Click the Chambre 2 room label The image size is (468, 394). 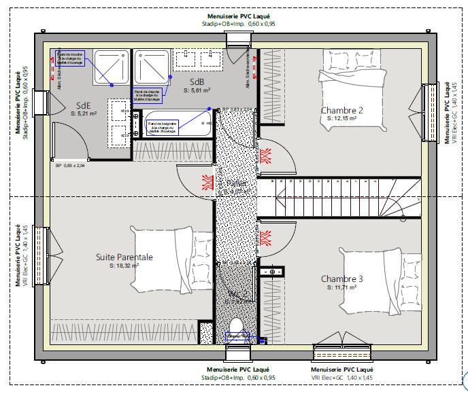[x=342, y=110]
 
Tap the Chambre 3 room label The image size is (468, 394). [x=342, y=279]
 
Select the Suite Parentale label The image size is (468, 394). [x=124, y=257]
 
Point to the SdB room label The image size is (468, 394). [x=197, y=81]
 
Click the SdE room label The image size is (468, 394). [x=83, y=105]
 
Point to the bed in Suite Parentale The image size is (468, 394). [x=173, y=259]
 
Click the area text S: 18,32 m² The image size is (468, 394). [x=124, y=266]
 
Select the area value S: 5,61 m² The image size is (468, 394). [x=197, y=90]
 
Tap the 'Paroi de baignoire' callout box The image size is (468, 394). [x=163, y=127]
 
